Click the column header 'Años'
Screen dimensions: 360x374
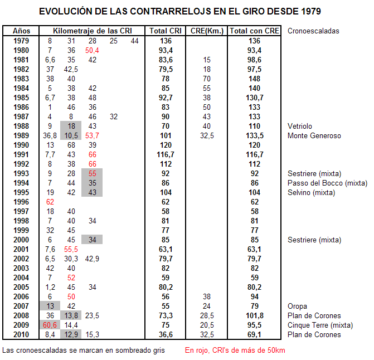(x=22, y=31)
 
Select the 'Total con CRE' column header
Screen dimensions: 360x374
(x=255, y=31)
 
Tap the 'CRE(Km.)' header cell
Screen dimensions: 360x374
(x=207, y=31)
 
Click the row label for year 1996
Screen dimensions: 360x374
(x=22, y=202)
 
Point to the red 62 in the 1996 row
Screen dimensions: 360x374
(x=50, y=202)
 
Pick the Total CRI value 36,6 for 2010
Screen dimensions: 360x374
(x=165, y=334)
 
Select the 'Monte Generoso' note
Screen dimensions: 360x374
(x=314, y=135)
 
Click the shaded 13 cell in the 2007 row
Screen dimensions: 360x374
(x=50, y=306)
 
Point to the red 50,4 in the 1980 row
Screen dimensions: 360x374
(x=92, y=51)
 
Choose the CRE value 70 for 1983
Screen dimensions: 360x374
(x=207, y=79)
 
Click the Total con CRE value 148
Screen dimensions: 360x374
(x=255, y=79)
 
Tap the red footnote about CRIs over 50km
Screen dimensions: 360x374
(x=235, y=351)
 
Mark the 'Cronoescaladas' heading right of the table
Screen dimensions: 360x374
(x=313, y=31)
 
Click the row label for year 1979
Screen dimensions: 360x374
(x=22, y=41)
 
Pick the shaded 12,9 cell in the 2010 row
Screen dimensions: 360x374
(x=71, y=334)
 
